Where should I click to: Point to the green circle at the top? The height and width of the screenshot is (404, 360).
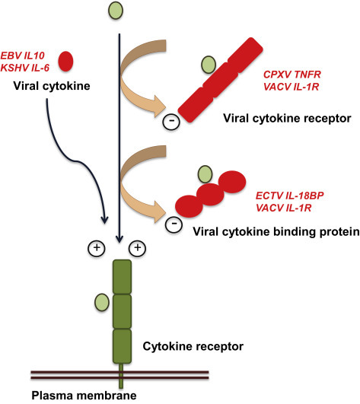pos(115,11)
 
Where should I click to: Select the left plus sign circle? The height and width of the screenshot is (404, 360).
pos(96,247)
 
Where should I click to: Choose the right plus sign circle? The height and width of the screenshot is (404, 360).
pos(138,247)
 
